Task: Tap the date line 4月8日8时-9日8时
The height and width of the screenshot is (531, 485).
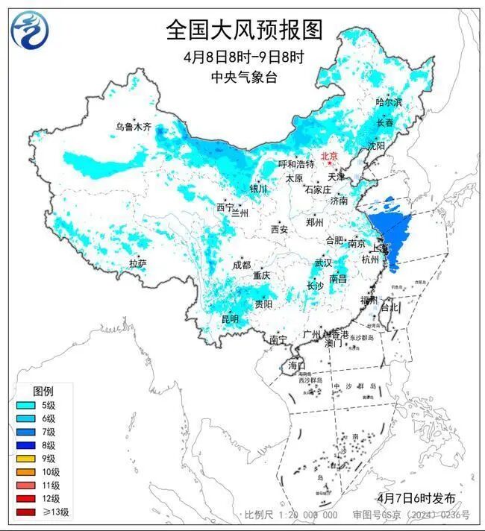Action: coord(242,57)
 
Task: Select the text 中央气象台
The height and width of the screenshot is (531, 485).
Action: coord(243,77)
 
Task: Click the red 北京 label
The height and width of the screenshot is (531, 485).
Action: coord(329,156)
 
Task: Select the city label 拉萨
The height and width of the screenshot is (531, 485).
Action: coord(137,263)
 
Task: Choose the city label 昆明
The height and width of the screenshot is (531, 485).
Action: coord(229,319)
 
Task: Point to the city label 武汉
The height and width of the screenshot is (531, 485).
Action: coord(323,263)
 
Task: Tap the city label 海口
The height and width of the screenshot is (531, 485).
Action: coord(296,365)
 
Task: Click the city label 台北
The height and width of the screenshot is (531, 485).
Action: coord(389,307)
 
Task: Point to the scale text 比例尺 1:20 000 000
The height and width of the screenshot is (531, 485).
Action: coord(291,515)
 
